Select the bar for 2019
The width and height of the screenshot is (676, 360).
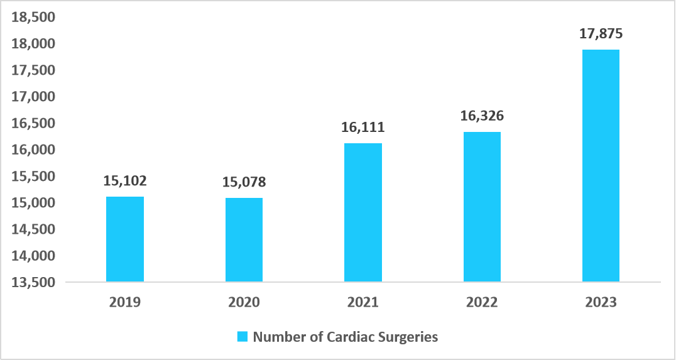click(125, 239)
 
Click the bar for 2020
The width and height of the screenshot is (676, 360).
click(244, 239)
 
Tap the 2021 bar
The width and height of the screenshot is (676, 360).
click(363, 212)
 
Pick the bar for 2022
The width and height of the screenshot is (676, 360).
click(482, 207)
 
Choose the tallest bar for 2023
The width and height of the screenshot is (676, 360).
click(601, 165)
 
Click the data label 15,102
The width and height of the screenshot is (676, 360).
click(125, 181)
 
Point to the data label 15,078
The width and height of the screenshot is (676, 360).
click(244, 182)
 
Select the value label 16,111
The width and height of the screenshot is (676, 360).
click(363, 128)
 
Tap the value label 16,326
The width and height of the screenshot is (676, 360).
click(482, 116)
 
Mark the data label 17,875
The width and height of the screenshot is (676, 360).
click(601, 34)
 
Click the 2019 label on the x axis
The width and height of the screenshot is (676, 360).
click(125, 302)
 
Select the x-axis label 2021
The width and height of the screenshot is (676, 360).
click(363, 302)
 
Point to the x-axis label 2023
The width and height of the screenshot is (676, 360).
click(601, 302)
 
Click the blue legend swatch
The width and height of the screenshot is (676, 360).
click(243, 337)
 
